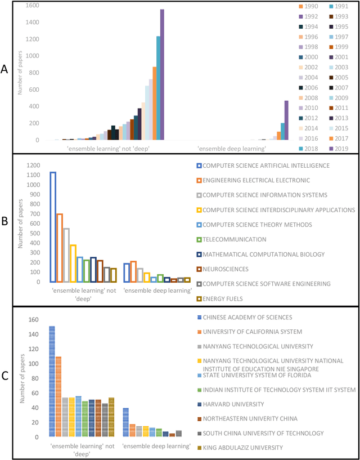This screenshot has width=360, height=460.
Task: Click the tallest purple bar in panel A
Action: [x=162, y=74]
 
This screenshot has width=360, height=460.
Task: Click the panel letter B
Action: [x=4, y=222]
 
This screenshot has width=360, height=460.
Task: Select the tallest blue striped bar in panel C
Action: [x=52, y=381]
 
